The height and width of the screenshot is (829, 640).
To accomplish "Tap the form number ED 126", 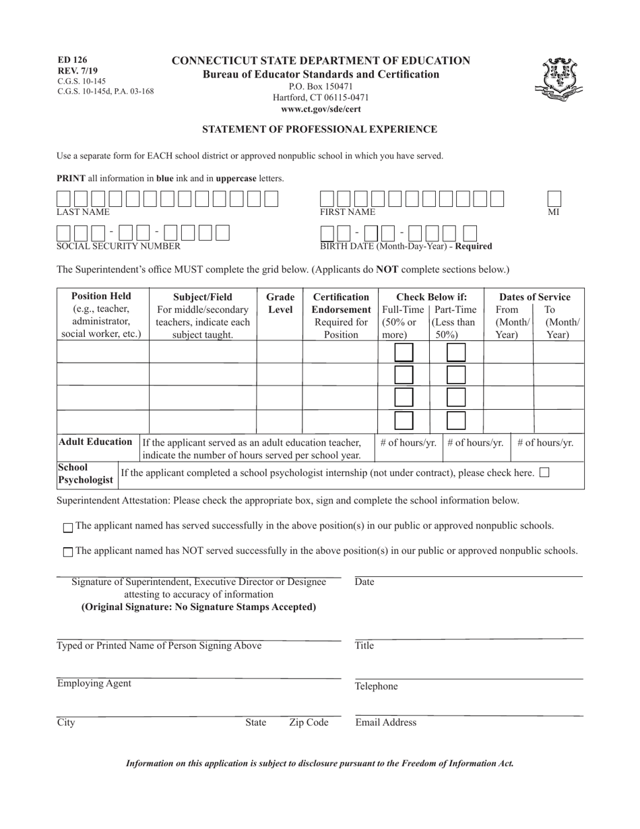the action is point(72,60).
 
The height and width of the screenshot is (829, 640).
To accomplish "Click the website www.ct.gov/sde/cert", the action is point(321,109).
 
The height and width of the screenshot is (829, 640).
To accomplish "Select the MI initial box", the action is point(554,199).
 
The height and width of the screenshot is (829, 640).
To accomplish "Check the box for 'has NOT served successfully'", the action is point(68,552).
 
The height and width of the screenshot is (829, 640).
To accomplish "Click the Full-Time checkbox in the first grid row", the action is point(404,352).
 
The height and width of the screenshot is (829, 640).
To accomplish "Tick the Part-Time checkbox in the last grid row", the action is point(456,421).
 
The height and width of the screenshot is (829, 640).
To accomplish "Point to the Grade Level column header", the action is point(280,303).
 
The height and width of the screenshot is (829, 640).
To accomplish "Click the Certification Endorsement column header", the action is point(341,303).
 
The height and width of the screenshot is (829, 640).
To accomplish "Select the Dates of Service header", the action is point(534,297).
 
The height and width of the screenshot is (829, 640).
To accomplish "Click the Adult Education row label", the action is point(95,442).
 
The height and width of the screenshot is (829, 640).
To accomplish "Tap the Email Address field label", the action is point(385,723).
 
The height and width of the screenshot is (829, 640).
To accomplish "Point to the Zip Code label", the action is point(309,723).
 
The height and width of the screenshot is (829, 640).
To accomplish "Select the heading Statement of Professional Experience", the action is point(320,129).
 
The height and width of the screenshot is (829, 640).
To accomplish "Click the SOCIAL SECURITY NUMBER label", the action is point(118,246).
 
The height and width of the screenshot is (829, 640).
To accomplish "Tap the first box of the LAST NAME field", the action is point(63,199).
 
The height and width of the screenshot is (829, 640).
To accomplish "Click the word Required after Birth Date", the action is point(474,246).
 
